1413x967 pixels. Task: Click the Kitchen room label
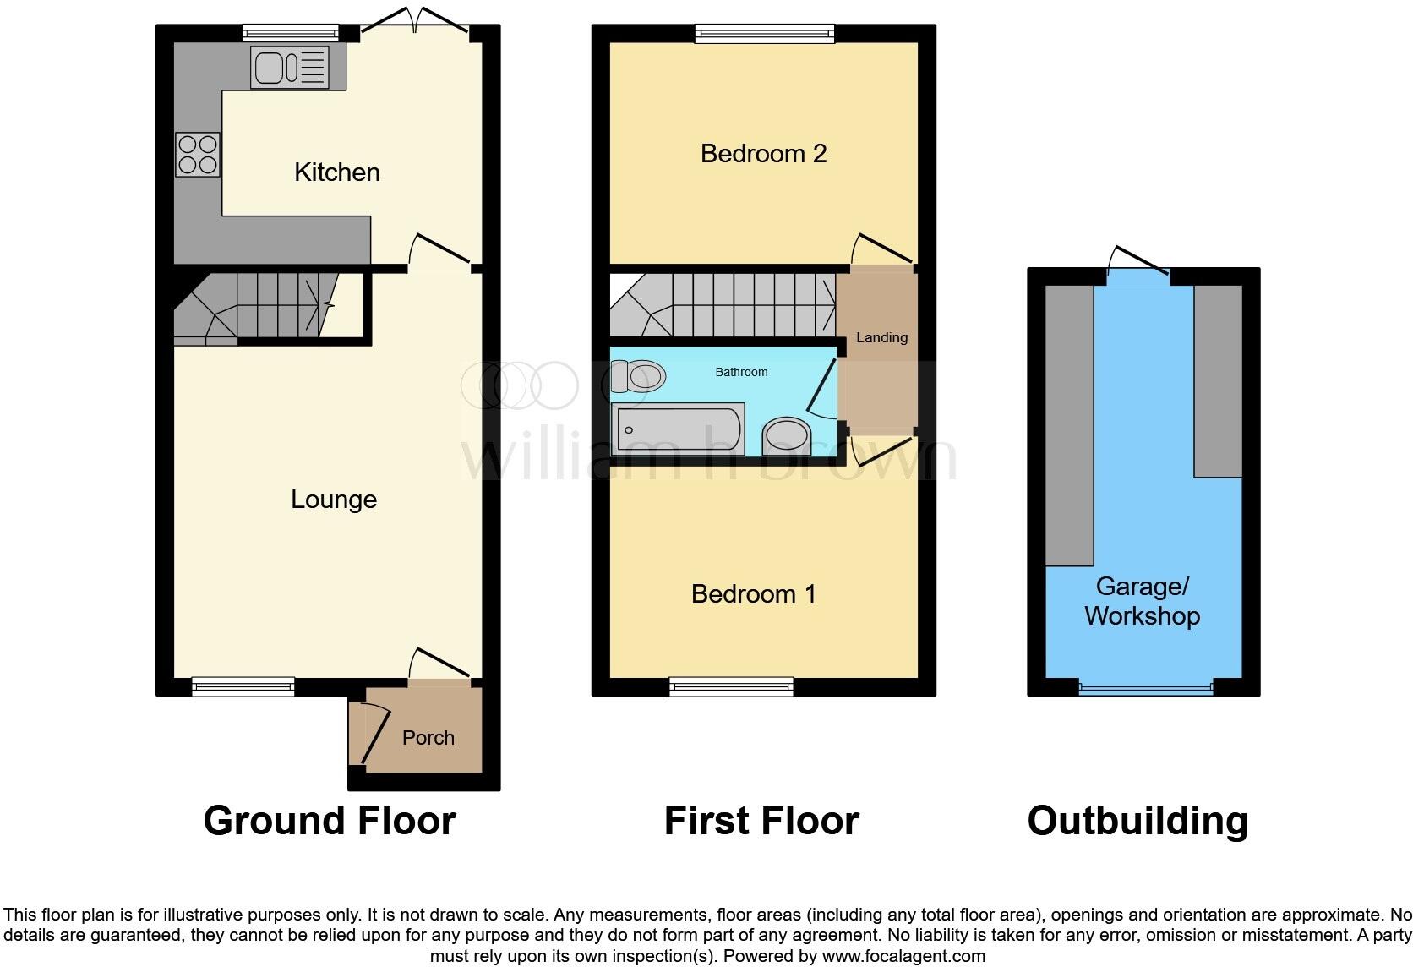point(336,172)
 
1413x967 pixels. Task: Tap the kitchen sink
point(289,68)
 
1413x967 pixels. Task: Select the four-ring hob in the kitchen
point(198,155)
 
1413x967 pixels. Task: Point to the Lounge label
point(334,500)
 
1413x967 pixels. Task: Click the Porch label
point(428,738)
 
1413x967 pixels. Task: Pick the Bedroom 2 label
point(763,154)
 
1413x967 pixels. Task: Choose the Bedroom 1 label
point(753,594)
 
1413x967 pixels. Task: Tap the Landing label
point(881,338)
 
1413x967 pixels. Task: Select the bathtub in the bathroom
point(677,430)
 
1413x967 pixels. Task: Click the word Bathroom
point(741,372)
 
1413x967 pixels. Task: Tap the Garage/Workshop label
point(1142,601)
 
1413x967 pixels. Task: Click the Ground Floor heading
point(330,821)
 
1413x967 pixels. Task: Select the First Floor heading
point(761,821)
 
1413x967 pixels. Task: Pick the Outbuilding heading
point(1137,821)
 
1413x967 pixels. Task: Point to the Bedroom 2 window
point(765,34)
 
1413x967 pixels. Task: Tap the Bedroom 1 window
point(731,686)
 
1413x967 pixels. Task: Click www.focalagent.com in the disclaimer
point(903,957)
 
